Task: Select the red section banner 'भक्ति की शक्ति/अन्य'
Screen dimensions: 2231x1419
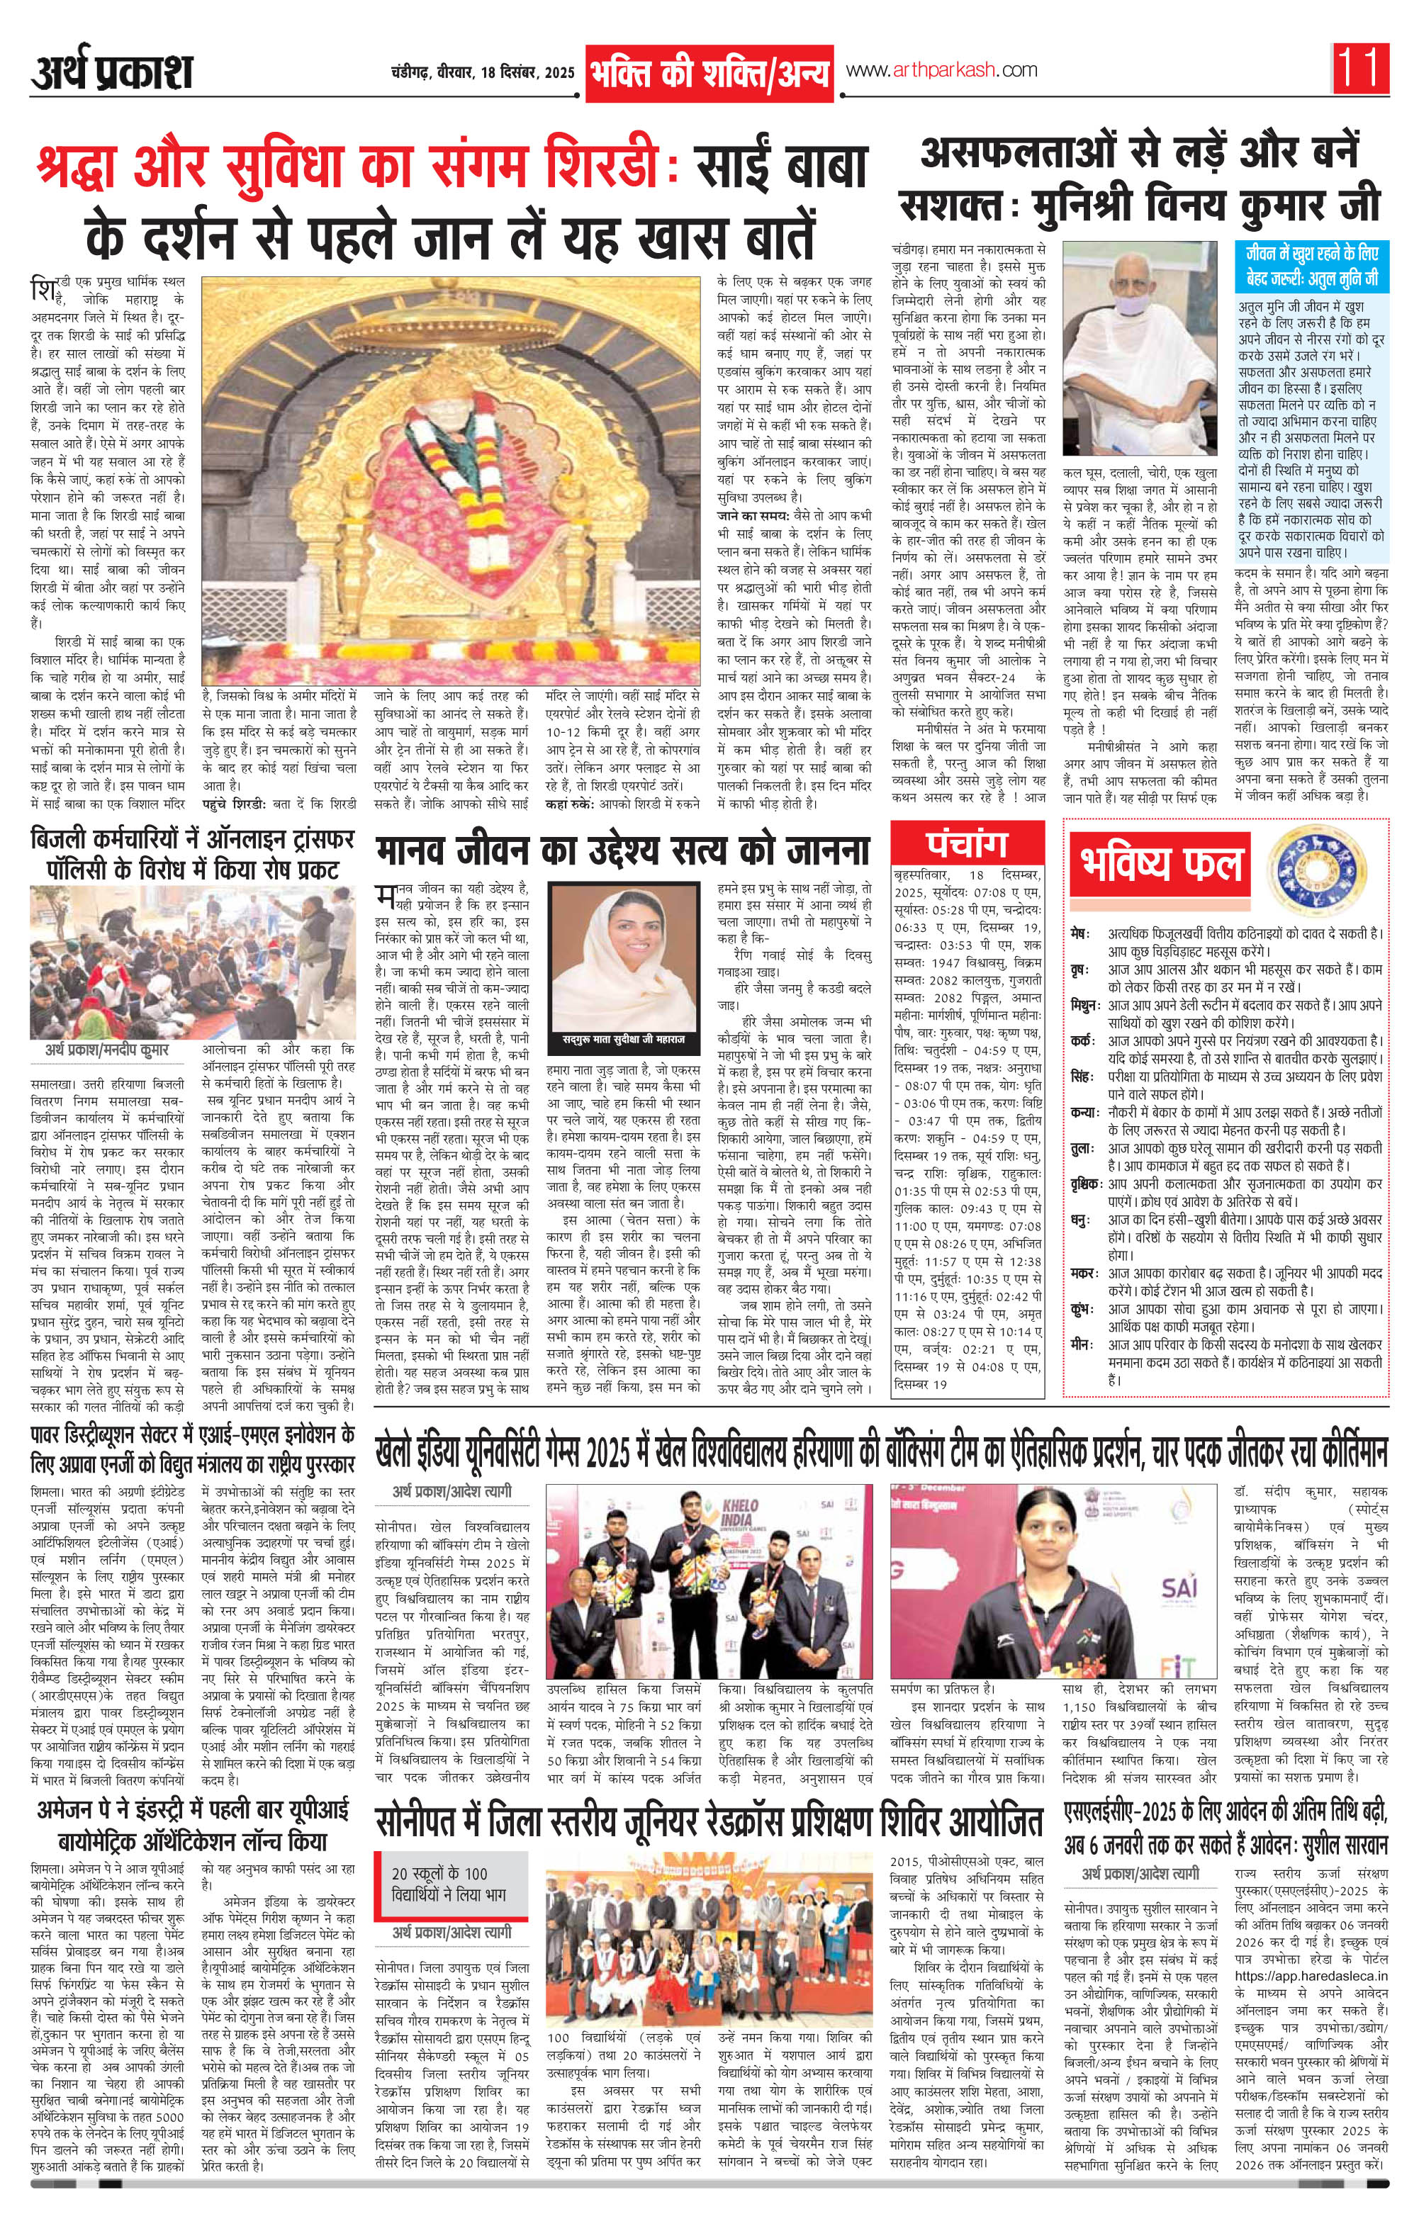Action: pyautogui.click(x=711, y=73)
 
